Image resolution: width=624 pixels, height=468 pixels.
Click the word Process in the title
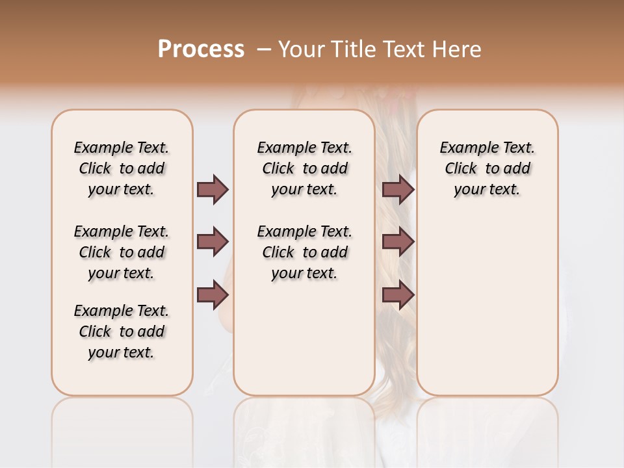click(x=201, y=49)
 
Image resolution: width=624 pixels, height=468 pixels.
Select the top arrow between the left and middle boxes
click(x=213, y=189)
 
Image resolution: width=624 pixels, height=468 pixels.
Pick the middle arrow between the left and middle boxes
click(x=213, y=242)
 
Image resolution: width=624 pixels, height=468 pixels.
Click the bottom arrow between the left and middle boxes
click(x=213, y=296)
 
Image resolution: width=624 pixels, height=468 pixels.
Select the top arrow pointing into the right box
click(x=398, y=189)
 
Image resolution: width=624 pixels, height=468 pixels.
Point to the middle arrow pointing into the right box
click(x=398, y=242)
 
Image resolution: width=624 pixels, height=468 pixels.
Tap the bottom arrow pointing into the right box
click(x=398, y=296)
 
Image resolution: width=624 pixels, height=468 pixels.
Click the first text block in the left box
click(x=122, y=168)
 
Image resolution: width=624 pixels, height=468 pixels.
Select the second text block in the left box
click(x=122, y=252)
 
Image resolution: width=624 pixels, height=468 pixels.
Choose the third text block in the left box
click(x=122, y=331)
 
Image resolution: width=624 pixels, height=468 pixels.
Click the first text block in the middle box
click(x=304, y=168)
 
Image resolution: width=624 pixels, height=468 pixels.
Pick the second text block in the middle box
click(x=304, y=252)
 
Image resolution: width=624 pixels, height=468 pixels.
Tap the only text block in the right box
click(x=487, y=168)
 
